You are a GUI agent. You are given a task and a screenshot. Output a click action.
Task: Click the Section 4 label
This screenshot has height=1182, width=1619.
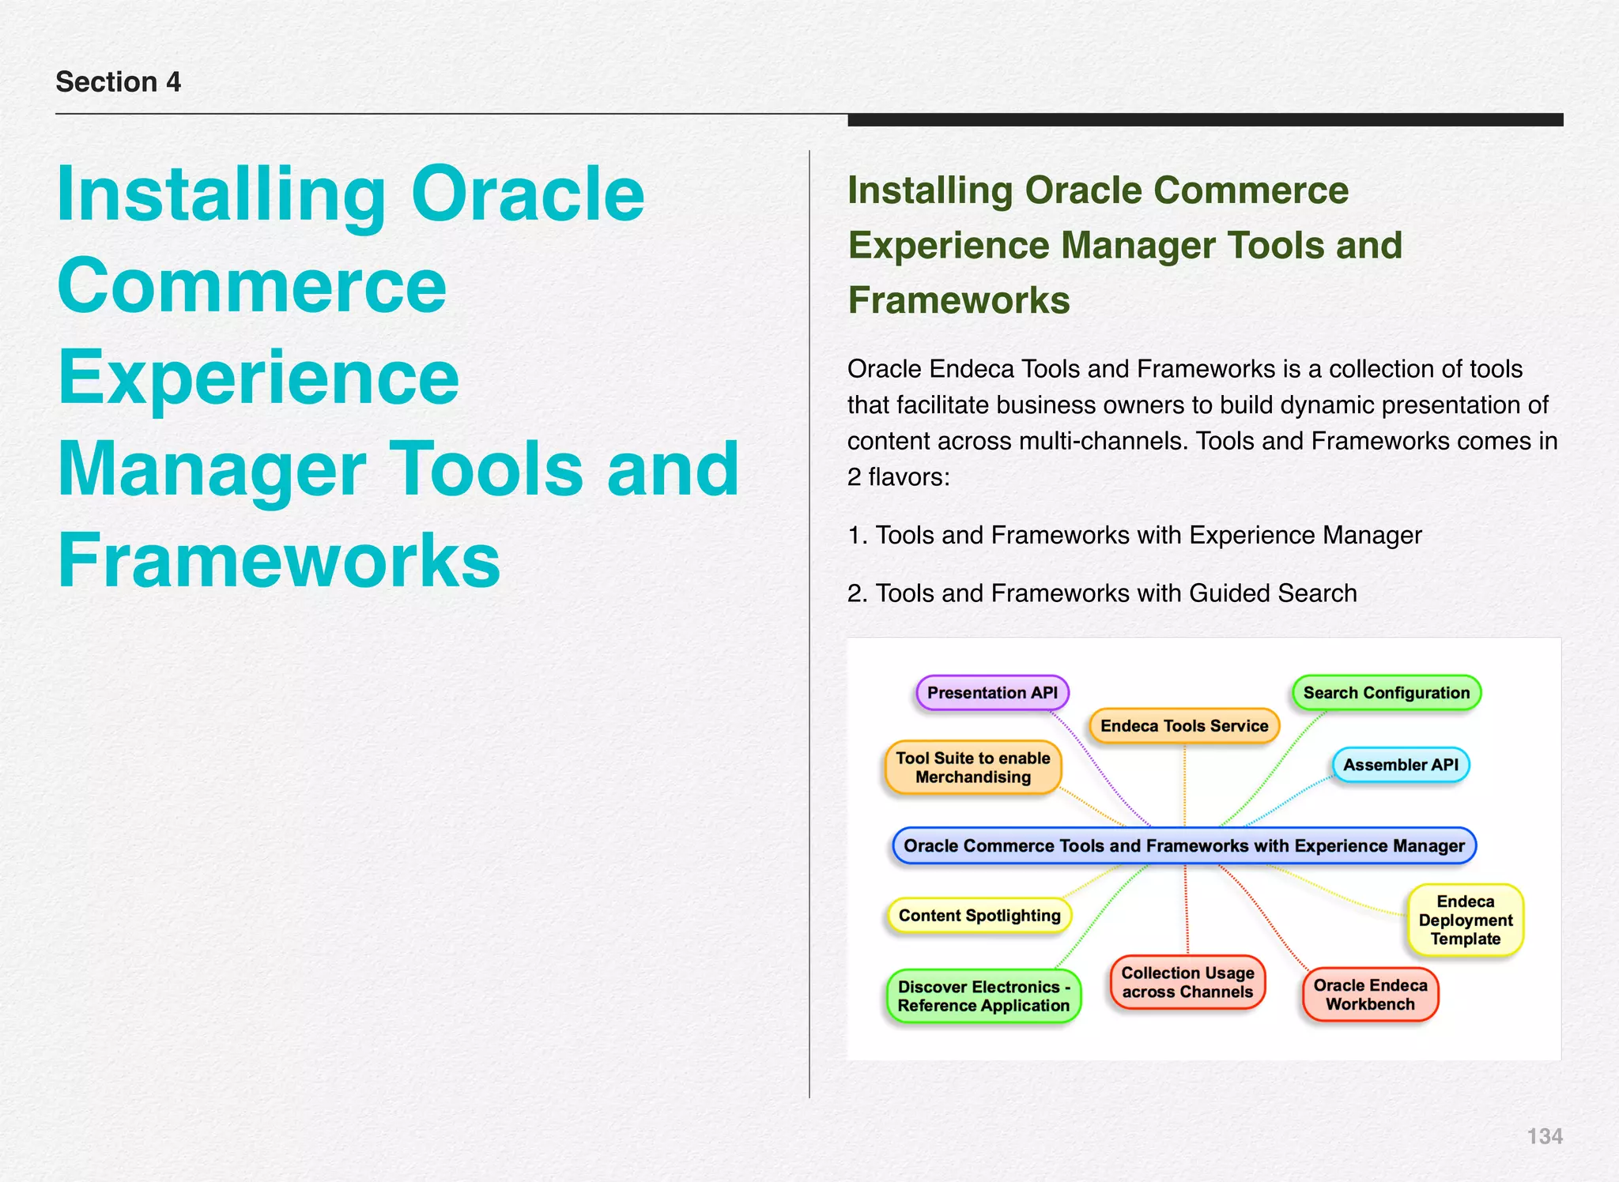point(118,82)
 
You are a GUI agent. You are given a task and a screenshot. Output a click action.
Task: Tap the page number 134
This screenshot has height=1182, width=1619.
point(1544,1136)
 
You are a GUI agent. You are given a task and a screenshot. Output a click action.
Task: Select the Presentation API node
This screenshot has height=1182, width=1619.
point(992,693)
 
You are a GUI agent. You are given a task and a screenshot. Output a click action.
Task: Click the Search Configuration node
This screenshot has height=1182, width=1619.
point(1386,693)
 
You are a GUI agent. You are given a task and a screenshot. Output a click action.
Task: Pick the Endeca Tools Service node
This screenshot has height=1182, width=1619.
point(1183,726)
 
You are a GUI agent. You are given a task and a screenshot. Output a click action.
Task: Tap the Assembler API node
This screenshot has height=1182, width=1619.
point(1400,765)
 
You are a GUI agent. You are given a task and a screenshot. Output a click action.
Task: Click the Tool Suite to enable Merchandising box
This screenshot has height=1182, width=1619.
point(972,767)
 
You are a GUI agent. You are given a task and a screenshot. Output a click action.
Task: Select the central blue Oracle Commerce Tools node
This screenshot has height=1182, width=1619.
point(1183,845)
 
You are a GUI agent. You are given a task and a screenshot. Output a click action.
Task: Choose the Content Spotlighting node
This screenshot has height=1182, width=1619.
point(979,916)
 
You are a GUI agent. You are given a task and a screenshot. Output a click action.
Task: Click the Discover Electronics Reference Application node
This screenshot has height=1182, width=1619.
point(983,996)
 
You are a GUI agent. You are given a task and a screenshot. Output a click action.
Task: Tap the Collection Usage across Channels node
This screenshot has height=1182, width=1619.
point(1187,982)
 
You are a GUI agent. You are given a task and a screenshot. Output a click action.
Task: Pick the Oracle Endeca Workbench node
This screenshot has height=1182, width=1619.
point(1370,995)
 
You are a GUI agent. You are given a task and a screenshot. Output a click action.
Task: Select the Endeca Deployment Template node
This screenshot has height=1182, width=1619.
point(1465,920)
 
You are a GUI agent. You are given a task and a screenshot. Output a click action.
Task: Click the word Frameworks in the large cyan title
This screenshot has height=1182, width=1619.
point(279,560)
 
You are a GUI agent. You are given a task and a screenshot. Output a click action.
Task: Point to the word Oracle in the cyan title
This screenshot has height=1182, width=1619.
point(527,194)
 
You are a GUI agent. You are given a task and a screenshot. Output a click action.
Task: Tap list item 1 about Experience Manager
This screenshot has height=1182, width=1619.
point(1134,536)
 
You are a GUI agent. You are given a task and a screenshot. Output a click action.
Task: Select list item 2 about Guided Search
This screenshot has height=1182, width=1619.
point(1102,593)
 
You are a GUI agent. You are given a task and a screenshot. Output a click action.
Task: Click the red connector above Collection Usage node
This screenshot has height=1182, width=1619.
point(1186,909)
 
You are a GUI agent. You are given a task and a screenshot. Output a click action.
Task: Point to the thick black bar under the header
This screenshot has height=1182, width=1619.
point(1205,120)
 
